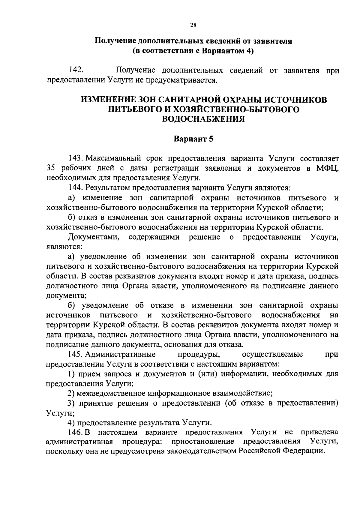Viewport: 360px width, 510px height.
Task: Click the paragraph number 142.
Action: click(x=76, y=70)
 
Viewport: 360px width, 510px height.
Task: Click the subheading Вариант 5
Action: click(x=193, y=139)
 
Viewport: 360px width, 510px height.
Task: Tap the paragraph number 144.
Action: click(x=75, y=188)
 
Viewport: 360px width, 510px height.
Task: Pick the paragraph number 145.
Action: click(x=75, y=354)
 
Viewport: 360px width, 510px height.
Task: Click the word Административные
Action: click(x=120, y=354)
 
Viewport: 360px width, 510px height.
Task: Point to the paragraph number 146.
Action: click(x=75, y=432)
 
